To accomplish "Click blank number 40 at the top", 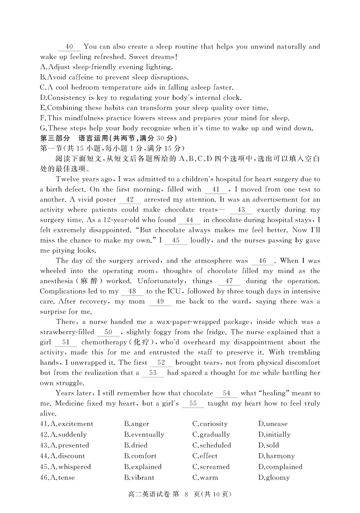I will (x=69, y=47).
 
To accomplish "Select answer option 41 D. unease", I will (x=273, y=424).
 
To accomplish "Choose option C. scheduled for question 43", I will (x=211, y=445).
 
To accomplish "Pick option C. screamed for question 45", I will (x=211, y=467).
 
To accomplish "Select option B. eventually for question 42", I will (x=144, y=435).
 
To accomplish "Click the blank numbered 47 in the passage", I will (x=229, y=281).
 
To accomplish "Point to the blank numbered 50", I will (x=108, y=332).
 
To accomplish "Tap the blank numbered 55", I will (x=193, y=404).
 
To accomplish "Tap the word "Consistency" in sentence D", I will (x=65, y=98).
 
